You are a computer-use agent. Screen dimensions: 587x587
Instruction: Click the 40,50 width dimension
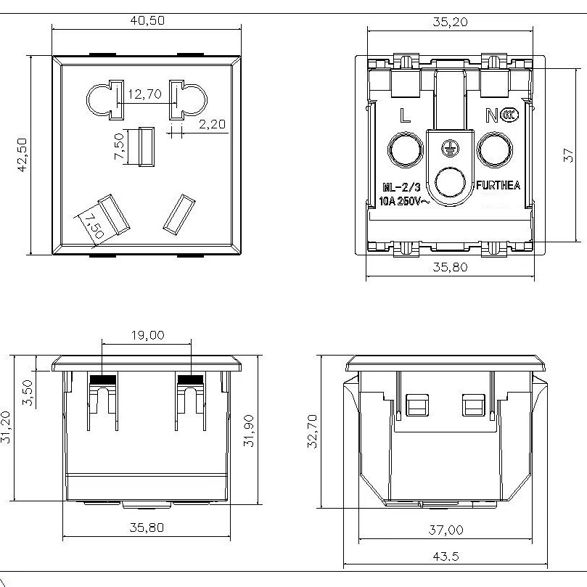click(147, 20)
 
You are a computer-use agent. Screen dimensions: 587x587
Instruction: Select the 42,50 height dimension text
click(22, 155)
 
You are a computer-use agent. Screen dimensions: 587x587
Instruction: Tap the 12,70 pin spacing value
click(145, 94)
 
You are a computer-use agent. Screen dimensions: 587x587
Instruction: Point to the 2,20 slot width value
click(212, 124)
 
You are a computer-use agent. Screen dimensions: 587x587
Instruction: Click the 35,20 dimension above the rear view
click(450, 22)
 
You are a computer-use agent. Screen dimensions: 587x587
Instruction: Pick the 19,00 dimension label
click(147, 335)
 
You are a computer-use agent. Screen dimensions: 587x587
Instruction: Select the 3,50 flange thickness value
click(28, 393)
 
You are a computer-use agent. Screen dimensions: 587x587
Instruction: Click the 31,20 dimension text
click(6, 427)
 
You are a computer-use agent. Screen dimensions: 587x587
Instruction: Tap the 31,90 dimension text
click(249, 430)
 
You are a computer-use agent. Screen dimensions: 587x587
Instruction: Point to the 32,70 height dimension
click(312, 431)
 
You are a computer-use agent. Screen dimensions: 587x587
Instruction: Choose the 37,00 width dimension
click(446, 530)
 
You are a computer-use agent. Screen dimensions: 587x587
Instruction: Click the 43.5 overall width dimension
click(446, 557)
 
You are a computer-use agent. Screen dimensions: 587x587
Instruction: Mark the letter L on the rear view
click(405, 115)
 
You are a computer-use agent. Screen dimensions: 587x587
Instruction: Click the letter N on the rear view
click(492, 115)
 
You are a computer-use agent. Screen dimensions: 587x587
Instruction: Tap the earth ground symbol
click(450, 147)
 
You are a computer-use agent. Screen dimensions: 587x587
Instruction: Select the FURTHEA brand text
click(498, 185)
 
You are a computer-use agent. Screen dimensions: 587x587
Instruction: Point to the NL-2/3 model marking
click(401, 187)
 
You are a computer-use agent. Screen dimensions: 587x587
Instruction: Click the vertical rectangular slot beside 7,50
click(147, 147)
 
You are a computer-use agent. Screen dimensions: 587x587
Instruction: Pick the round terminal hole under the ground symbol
click(450, 183)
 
